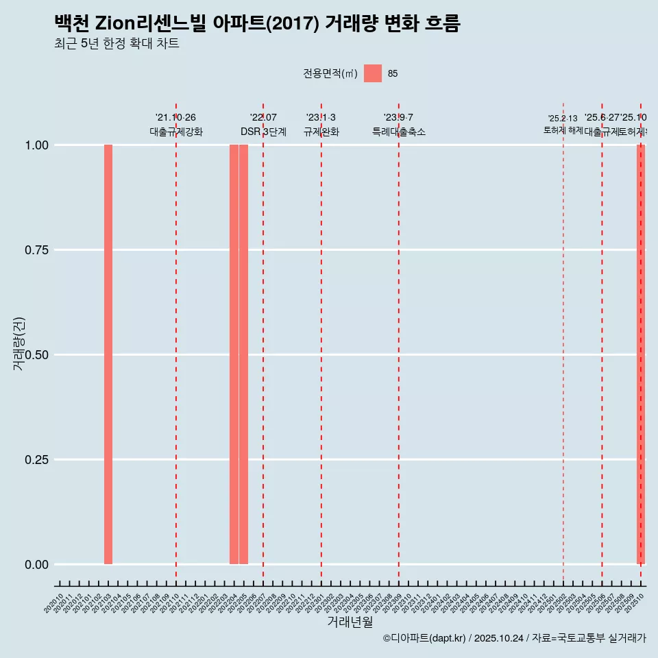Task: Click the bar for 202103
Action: pos(108,354)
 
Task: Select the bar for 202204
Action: pos(234,354)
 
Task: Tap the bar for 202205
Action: pos(243,354)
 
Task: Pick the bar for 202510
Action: pos(641,354)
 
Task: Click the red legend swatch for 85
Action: pos(372,73)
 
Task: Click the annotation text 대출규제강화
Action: pos(175,132)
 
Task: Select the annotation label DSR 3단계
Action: pos(263,132)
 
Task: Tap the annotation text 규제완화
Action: pos(321,132)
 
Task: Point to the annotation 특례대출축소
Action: pos(398,132)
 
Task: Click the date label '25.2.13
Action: pos(563,119)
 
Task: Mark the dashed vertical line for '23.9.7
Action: pos(399,343)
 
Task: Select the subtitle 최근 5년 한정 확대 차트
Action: pos(117,45)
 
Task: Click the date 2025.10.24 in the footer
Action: pos(498,638)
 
